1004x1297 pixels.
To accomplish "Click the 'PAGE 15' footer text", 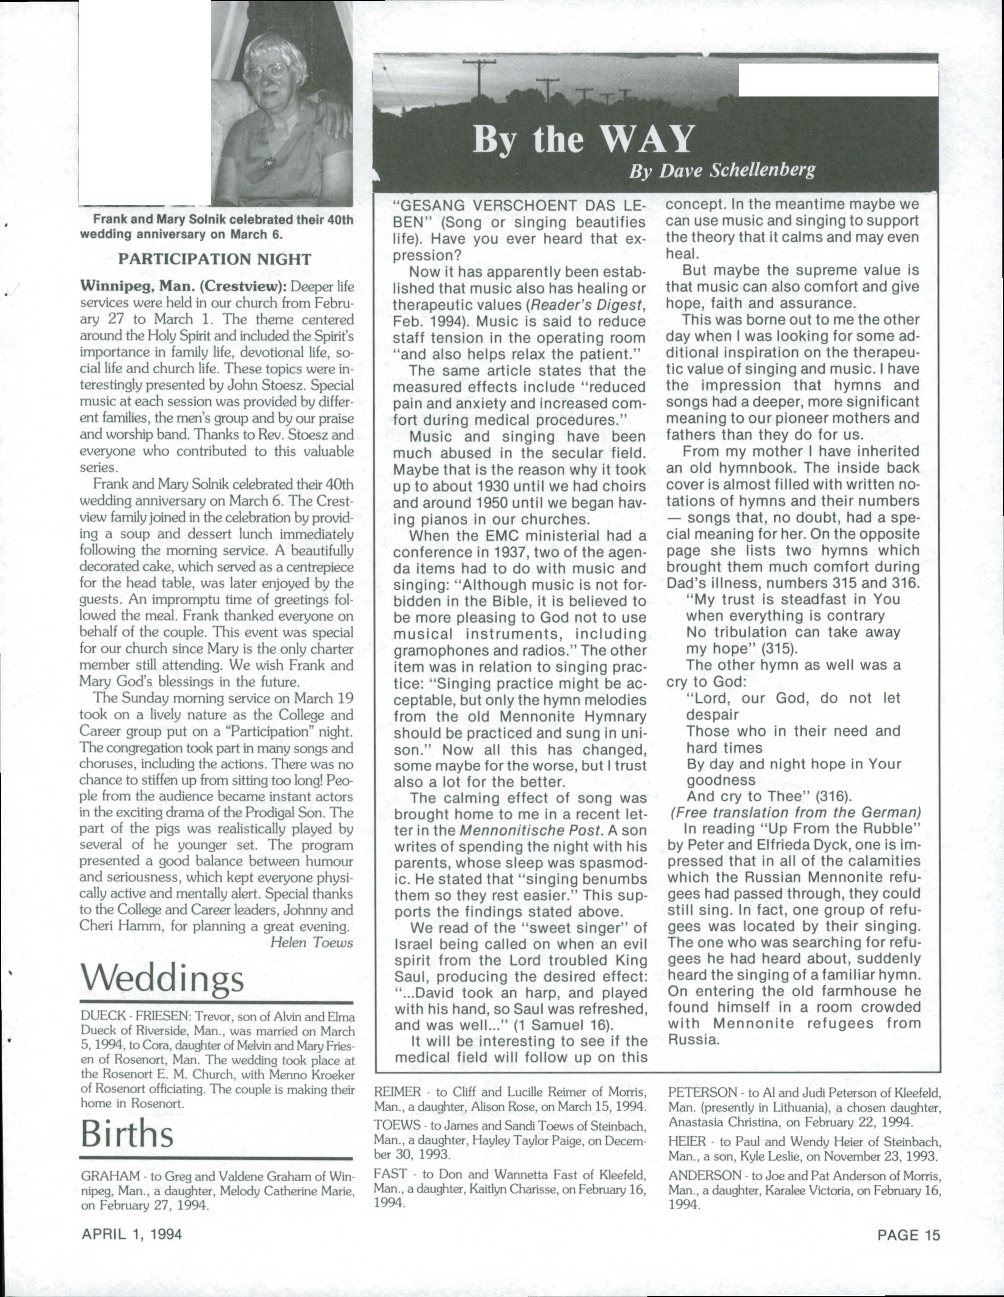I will click(909, 1235).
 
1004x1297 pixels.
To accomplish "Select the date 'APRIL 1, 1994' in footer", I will click(131, 1235).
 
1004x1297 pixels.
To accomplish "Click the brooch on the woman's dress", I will click(270, 162).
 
